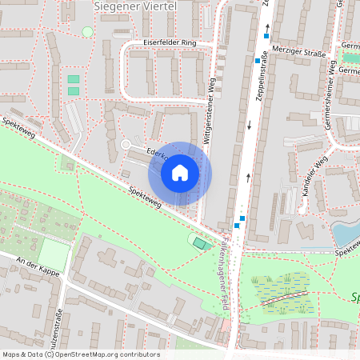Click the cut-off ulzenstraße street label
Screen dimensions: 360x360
coord(58,335)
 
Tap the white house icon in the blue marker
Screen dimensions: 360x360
coord(180,171)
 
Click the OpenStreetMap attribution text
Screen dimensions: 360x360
coord(81,354)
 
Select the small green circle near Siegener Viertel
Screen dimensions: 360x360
coord(87,31)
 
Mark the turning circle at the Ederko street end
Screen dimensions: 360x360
coord(126,144)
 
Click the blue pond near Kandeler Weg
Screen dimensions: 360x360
coord(345,234)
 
